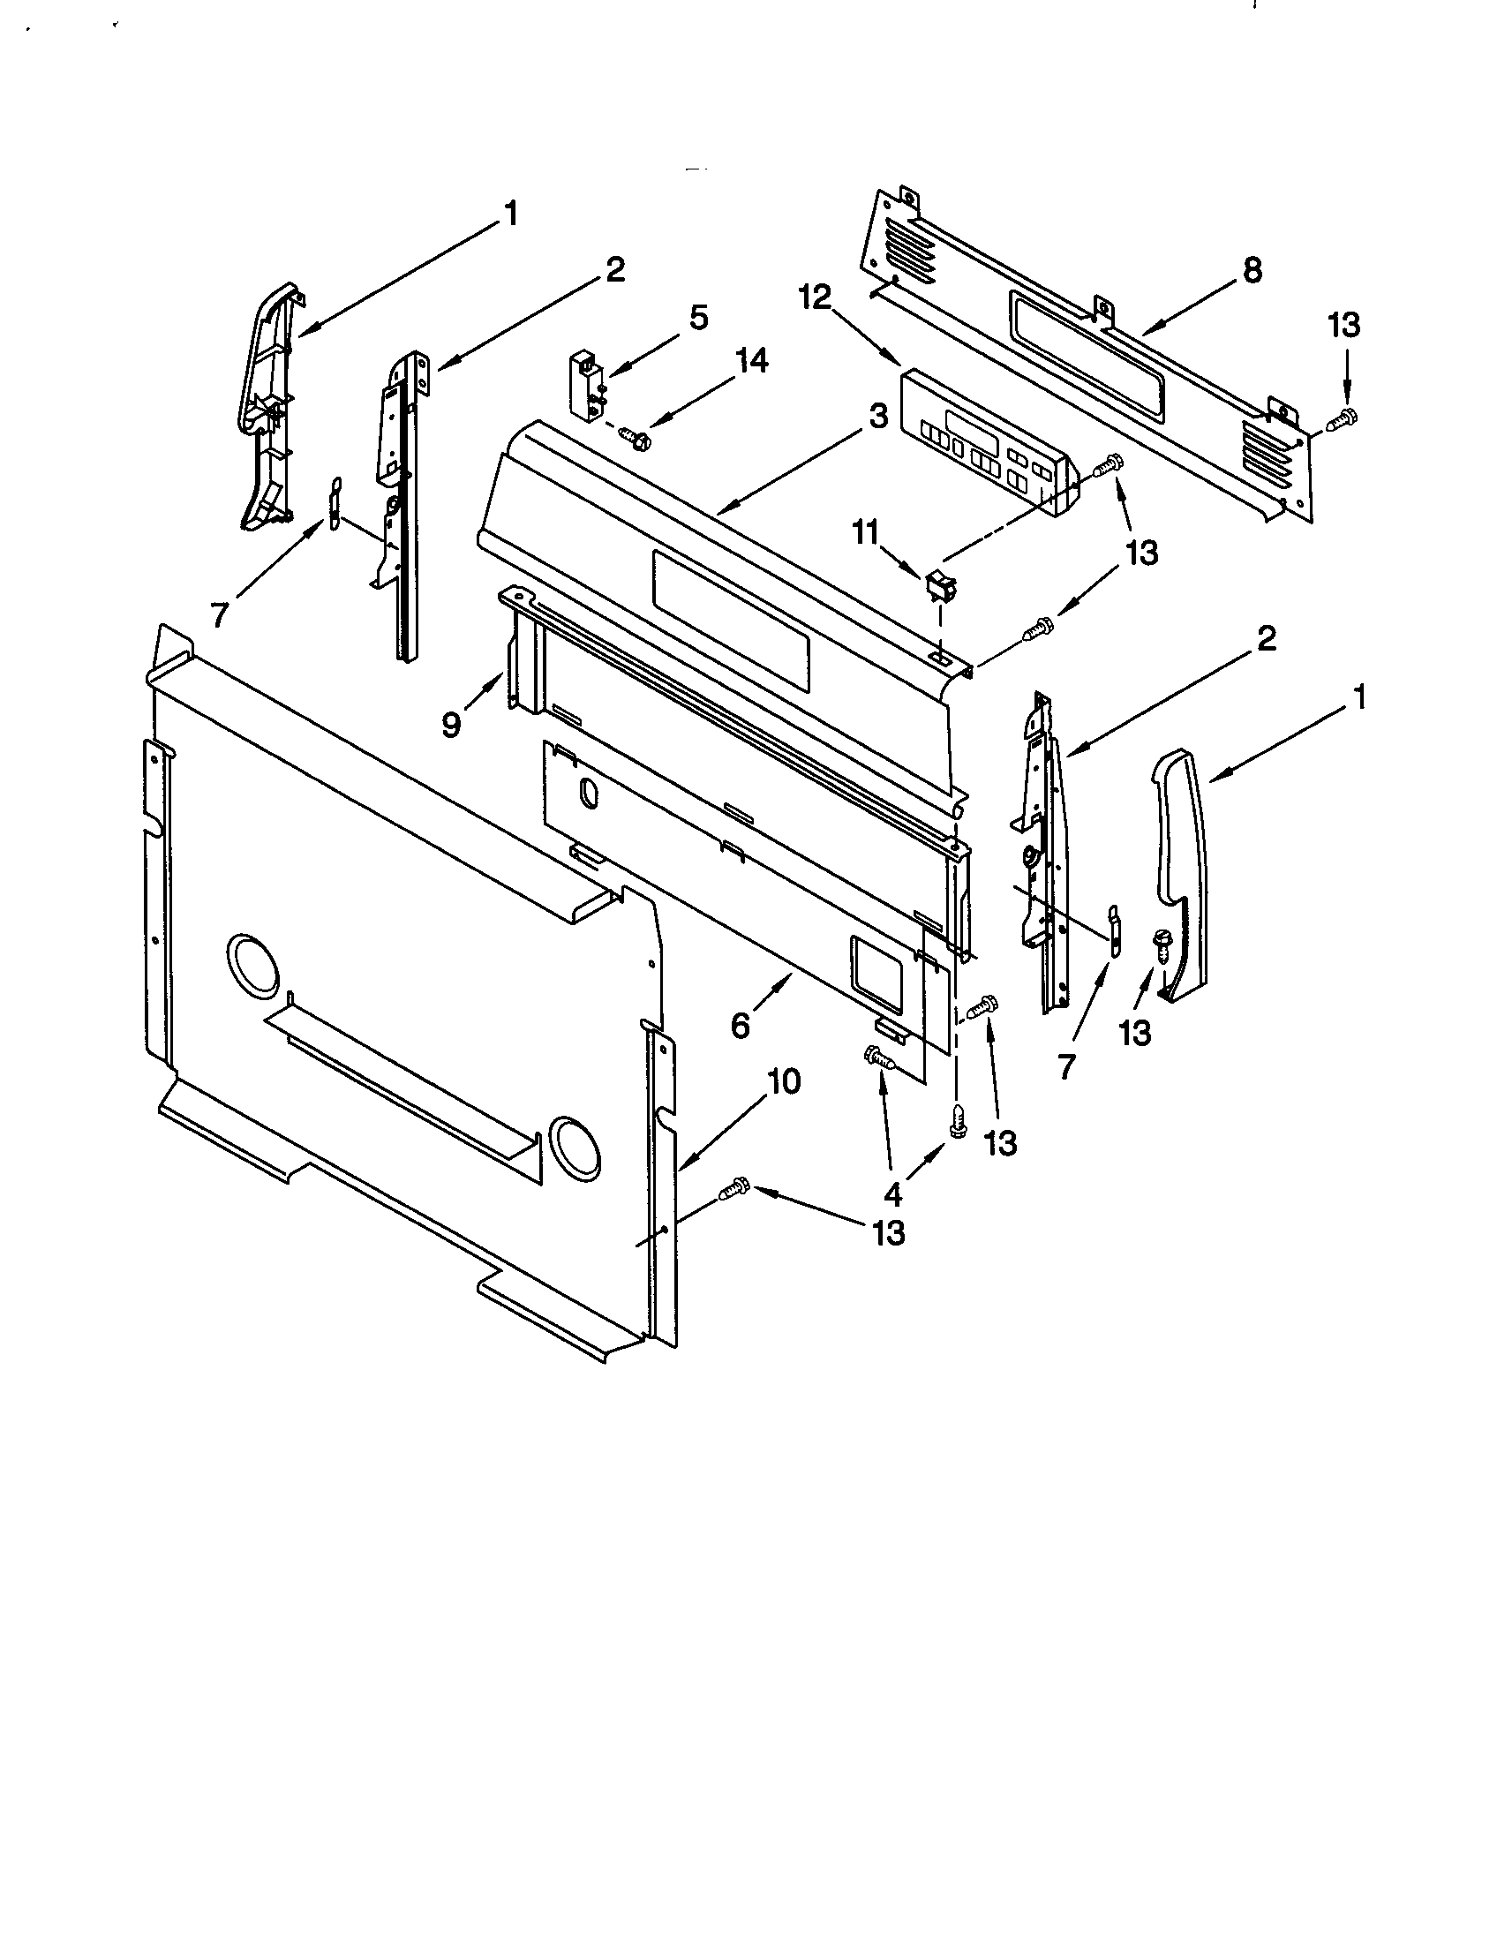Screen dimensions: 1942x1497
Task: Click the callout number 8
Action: [x=1252, y=270]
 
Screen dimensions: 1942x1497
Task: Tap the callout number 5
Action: [x=699, y=319]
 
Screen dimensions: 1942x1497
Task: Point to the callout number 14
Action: [x=751, y=362]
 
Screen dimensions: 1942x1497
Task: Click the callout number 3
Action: [x=878, y=416]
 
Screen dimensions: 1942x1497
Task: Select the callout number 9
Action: [x=453, y=725]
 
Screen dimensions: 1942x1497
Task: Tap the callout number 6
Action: [x=741, y=1026]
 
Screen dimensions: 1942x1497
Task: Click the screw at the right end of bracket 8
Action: [x=1343, y=418]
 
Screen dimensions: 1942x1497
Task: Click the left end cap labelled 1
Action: [x=268, y=409]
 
